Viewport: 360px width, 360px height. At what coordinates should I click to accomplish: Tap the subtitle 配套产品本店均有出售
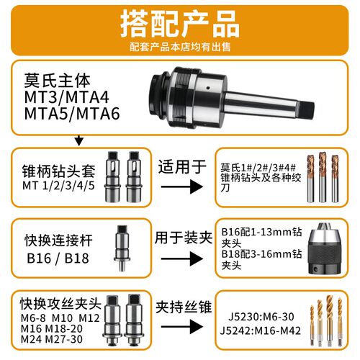179,48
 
